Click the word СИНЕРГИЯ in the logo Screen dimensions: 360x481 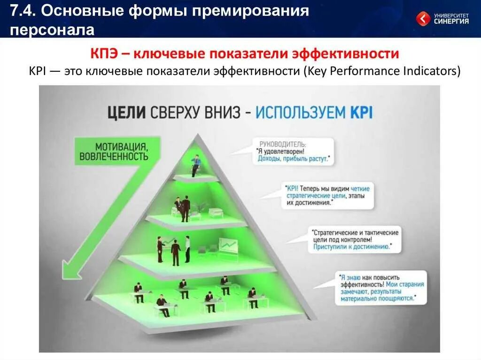pyautogui.click(x=451, y=21)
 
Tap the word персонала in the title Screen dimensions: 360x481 pyautogui.click(x=52, y=30)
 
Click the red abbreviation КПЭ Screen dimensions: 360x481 pyautogui.click(x=104, y=54)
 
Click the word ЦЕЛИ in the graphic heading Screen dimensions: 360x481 pyautogui.click(x=127, y=112)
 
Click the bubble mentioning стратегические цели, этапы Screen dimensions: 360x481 pyautogui.click(x=327, y=196)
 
